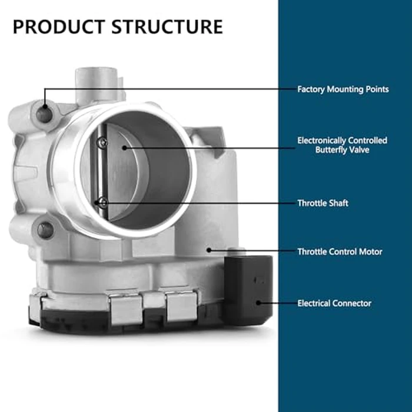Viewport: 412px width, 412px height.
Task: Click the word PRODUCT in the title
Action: (x=59, y=27)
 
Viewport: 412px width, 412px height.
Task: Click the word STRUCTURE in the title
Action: (x=167, y=27)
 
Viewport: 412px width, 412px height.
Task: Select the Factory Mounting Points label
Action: (x=343, y=89)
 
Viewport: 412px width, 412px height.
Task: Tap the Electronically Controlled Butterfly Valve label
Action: (x=342, y=145)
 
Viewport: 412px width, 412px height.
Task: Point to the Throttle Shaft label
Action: (x=323, y=203)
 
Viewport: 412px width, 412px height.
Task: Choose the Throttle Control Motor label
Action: (x=340, y=252)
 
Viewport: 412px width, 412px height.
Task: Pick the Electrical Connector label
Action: (x=334, y=303)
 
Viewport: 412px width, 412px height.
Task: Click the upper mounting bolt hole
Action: (x=44, y=115)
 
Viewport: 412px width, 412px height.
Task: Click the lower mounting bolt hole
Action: (x=45, y=230)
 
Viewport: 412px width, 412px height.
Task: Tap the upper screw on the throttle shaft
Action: (x=102, y=142)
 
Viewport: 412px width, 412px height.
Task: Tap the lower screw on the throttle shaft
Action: (x=103, y=202)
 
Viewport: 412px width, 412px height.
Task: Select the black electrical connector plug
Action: (x=248, y=289)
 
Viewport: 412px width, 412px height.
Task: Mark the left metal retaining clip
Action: (x=126, y=309)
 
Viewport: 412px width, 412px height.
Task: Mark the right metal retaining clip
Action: (x=181, y=307)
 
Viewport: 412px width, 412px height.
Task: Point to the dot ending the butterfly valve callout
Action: (x=125, y=148)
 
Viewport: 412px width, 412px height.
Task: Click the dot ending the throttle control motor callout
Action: (x=209, y=250)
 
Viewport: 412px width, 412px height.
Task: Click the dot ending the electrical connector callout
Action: (x=258, y=303)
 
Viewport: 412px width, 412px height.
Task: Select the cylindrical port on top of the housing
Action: (x=97, y=85)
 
